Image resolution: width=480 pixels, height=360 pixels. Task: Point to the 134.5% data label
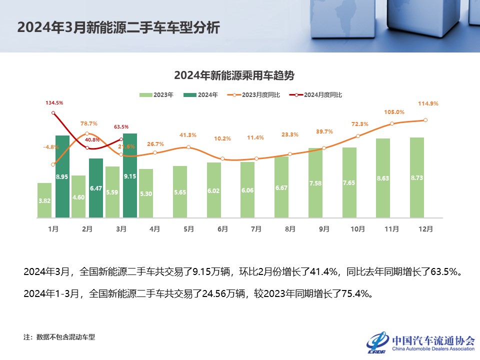[54, 102]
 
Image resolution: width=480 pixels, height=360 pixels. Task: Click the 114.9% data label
[427, 103]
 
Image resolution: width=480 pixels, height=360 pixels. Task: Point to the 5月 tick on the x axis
[188, 229]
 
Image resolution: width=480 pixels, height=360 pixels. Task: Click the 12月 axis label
[426, 229]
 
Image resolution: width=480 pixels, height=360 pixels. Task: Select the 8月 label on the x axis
[290, 229]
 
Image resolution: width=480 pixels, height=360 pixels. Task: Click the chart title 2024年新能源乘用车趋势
[234, 75]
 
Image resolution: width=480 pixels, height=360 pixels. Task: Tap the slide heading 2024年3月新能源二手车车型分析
[118, 27]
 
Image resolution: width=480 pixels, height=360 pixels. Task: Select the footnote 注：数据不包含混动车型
[59, 337]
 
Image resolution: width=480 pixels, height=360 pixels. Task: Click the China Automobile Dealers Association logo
[420, 342]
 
